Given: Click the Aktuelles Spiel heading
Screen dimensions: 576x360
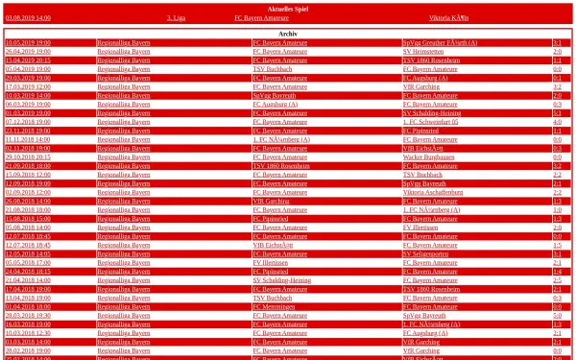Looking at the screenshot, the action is tap(287, 8).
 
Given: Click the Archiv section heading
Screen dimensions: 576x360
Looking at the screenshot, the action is tap(287, 33).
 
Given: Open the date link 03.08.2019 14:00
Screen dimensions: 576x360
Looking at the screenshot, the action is tap(28, 18).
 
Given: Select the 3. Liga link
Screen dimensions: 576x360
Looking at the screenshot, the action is tap(176, 18).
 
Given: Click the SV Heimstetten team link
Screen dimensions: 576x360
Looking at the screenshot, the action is tap(423, 52).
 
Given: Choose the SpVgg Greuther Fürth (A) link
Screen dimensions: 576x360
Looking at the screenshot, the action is tap(440, 43).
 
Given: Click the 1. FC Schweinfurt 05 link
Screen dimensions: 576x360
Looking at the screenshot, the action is tap(431, 122).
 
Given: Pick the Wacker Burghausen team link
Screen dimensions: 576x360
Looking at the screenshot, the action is tap(428, 157).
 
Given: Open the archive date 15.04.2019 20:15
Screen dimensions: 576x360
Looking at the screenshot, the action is tap(28, 60).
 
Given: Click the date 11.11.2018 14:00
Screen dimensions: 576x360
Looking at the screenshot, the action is tap(28, 139).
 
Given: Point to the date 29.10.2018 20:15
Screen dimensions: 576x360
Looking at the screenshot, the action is tap(28, 157).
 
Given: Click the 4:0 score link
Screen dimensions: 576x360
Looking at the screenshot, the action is tap(557, 122).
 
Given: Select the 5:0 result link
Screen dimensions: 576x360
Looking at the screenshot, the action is tap(557, 315).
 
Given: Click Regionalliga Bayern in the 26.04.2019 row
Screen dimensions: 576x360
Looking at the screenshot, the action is tap(124, 52).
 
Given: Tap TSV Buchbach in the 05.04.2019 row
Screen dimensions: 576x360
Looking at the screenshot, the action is tap(273, 69).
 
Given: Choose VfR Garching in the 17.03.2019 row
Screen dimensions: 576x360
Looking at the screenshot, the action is tap(421, 86).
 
